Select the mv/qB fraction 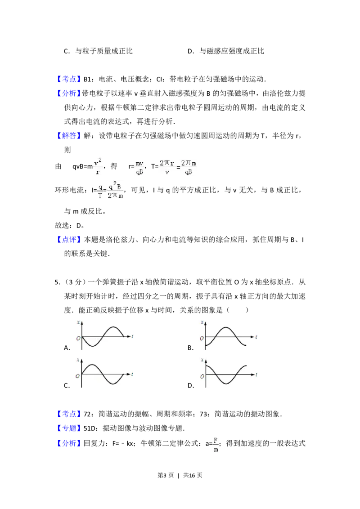pyautogui.click(x=139, y=167)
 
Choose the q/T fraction pyautogui.click(x=100, y=191)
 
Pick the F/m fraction pyautogui.click(x=215, y=444)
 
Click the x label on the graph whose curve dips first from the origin pyautogui.click(x=78, y=322)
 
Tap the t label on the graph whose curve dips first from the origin pyautogui.click(x=133, y=336)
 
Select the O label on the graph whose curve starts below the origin pyautogui.click(x=202, y=338)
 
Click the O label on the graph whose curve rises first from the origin pyautogui.click(x=77, y=375)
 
